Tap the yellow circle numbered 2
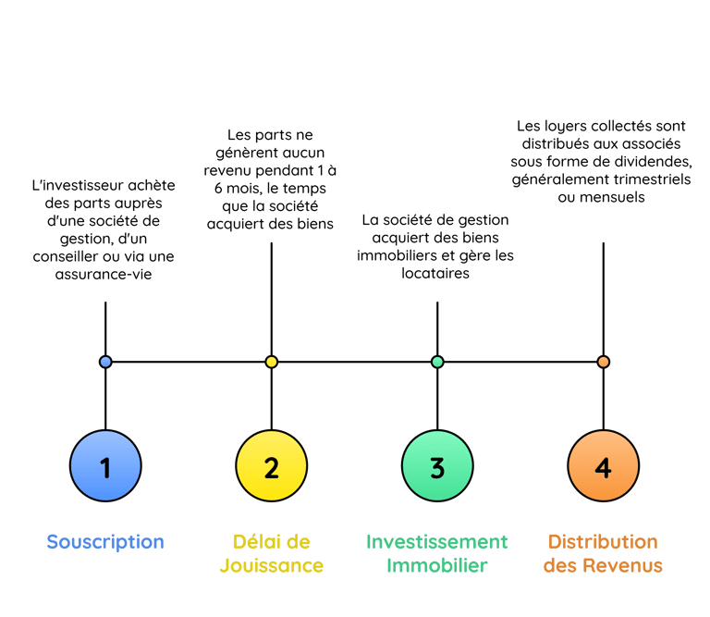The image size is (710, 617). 271,468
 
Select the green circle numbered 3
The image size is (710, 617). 437,468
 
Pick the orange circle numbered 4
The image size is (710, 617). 603,468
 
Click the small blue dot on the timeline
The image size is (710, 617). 105,362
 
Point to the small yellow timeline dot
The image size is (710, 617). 271,362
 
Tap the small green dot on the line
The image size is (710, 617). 437,362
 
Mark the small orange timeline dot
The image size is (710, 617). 603,362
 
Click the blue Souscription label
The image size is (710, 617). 105,542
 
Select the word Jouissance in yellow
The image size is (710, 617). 271,565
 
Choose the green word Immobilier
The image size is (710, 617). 437,565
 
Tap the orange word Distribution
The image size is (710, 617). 603,542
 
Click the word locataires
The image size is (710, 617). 436,273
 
